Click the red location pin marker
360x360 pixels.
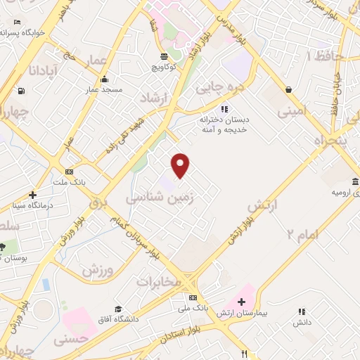click(x=181, y=165)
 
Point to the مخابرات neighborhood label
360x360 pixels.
click(x=159, y=281)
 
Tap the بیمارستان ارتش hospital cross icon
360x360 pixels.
click(x=241, y=301)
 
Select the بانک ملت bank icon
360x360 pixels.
click(x=69, y=172)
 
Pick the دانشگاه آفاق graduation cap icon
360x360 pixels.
click(x=119, y=309)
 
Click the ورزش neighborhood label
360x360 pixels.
click(x=98, y=269)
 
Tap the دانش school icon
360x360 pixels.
click(x=302, y=311)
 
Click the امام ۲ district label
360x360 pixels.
click(x=302, y=234)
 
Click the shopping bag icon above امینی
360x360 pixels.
click(x=288, y=90)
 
